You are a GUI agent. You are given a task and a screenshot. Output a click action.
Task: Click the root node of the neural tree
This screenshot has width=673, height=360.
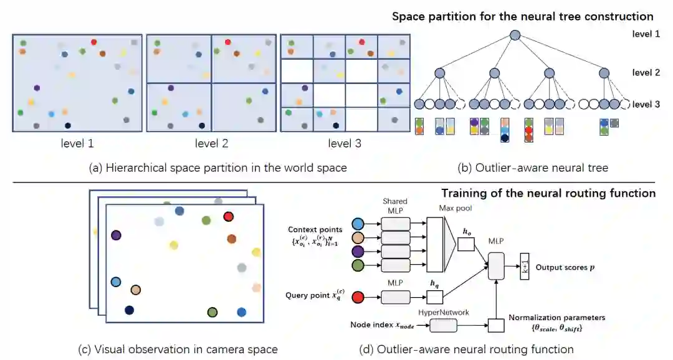pos(515,35)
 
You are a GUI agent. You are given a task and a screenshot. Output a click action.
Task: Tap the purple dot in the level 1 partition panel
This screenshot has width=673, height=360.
pos(37,88)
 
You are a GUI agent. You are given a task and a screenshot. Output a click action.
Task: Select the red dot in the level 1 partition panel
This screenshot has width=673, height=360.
pos(93,42)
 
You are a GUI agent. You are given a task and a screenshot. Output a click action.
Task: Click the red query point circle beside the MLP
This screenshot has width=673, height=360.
pos(358,297)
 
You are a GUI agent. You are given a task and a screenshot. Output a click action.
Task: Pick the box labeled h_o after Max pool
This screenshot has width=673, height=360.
pos(466,244)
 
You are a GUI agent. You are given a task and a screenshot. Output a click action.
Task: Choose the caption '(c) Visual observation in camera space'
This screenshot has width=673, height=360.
pos(178,349)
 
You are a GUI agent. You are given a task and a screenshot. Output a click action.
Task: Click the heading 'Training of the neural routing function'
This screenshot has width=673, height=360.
pos(548,193)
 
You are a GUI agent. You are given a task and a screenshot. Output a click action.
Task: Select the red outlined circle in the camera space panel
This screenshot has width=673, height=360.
pos(228,217)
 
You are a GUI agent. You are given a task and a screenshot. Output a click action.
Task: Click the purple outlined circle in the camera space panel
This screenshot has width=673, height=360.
pos(115,235)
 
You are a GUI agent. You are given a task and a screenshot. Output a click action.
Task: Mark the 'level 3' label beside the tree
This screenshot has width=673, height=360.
pos(646,105)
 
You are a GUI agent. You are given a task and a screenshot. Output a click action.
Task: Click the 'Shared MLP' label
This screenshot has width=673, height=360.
pos(395,205)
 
